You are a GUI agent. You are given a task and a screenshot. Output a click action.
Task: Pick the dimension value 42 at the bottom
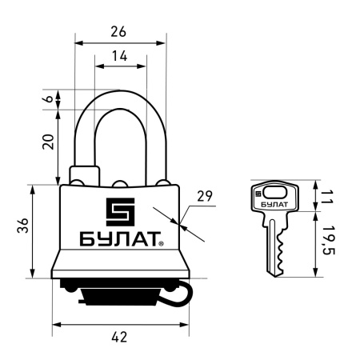coord(120,338)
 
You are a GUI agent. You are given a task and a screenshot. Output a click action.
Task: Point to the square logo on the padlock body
coord(121,212)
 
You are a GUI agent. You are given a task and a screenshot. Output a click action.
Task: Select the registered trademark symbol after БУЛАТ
coord(162,243)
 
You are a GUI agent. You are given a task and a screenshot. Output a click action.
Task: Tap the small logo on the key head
coord(258,192)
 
